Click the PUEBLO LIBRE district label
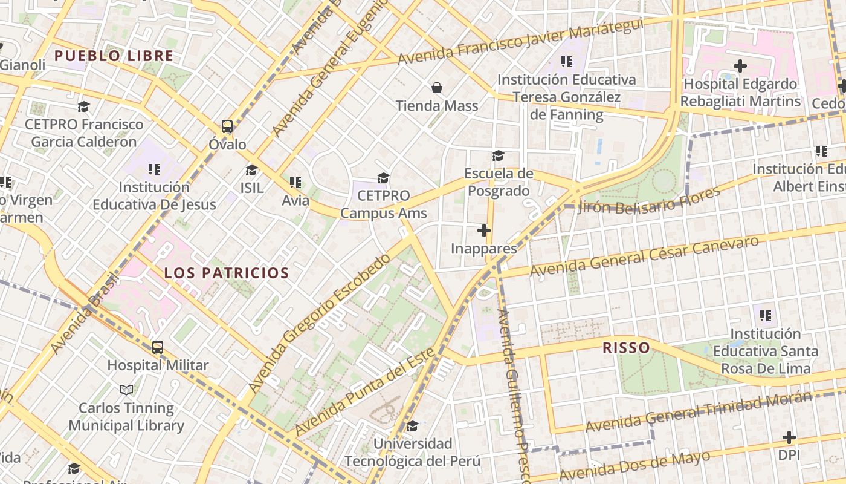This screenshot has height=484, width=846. tap(114, 56)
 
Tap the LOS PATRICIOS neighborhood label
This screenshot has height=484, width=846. tap(227, 273)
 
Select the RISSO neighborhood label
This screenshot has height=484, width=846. tap(626, 348)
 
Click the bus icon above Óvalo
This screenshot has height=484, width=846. tap(227, 126)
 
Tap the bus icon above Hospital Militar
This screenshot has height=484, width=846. tap(158, 347)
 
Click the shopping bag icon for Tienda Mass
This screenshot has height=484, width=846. tap(437, 88)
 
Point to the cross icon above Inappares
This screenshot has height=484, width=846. tap(484, 231)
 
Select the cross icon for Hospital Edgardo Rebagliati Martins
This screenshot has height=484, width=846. tap(740, 65)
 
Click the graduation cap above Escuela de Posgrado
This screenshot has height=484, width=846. tap(498, 156)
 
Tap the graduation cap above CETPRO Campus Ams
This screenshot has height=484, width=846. tap(383, 178)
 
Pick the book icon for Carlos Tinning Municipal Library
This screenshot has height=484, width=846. tap(126, 390)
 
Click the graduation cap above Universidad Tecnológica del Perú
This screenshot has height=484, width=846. tap(412, 427)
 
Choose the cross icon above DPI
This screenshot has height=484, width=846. tap(789, 437)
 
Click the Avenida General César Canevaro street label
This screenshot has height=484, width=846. tap(644, 257)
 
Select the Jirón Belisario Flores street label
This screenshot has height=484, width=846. tap(649, 200)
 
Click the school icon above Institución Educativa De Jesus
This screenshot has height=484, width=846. tap(154, 169)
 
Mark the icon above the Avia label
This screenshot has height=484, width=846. tap(295, 182)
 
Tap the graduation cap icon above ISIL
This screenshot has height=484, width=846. tap(251, 170)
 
